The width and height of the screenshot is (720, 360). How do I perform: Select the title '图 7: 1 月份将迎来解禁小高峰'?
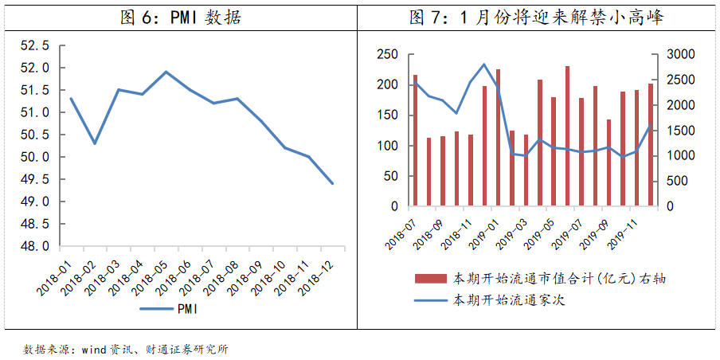point(535,18)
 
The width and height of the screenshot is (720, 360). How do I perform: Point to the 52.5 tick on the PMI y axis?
point(33,45)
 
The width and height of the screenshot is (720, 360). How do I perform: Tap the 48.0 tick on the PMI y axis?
point(33,246)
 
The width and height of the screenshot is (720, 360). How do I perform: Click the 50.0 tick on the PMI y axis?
point(33,157)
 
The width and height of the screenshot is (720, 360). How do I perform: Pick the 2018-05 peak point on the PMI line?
point(166,72)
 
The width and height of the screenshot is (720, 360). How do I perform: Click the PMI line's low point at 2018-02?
point(95,143)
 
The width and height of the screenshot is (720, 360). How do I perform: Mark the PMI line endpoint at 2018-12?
point(332,184)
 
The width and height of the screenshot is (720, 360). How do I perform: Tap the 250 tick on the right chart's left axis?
point(387,54)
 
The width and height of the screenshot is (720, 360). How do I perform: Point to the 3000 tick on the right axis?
point(674,54)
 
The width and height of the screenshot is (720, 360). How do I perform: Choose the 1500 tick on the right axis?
point(674,131)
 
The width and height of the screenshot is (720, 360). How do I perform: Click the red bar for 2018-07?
point(415,140)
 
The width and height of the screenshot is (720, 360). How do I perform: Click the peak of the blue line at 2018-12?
point(484,65)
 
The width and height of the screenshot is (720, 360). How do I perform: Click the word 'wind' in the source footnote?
point(95,349)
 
